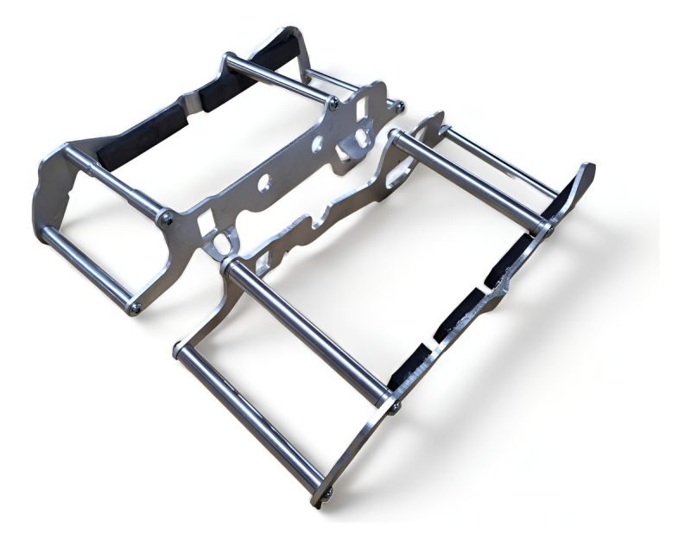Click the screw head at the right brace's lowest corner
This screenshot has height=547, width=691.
tap(329, 493)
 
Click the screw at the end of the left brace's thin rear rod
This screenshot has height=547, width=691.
tap(399, 106)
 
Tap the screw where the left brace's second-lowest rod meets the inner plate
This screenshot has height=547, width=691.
tap(167, 221)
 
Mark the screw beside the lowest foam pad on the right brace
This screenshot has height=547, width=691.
tap(395, 401)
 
